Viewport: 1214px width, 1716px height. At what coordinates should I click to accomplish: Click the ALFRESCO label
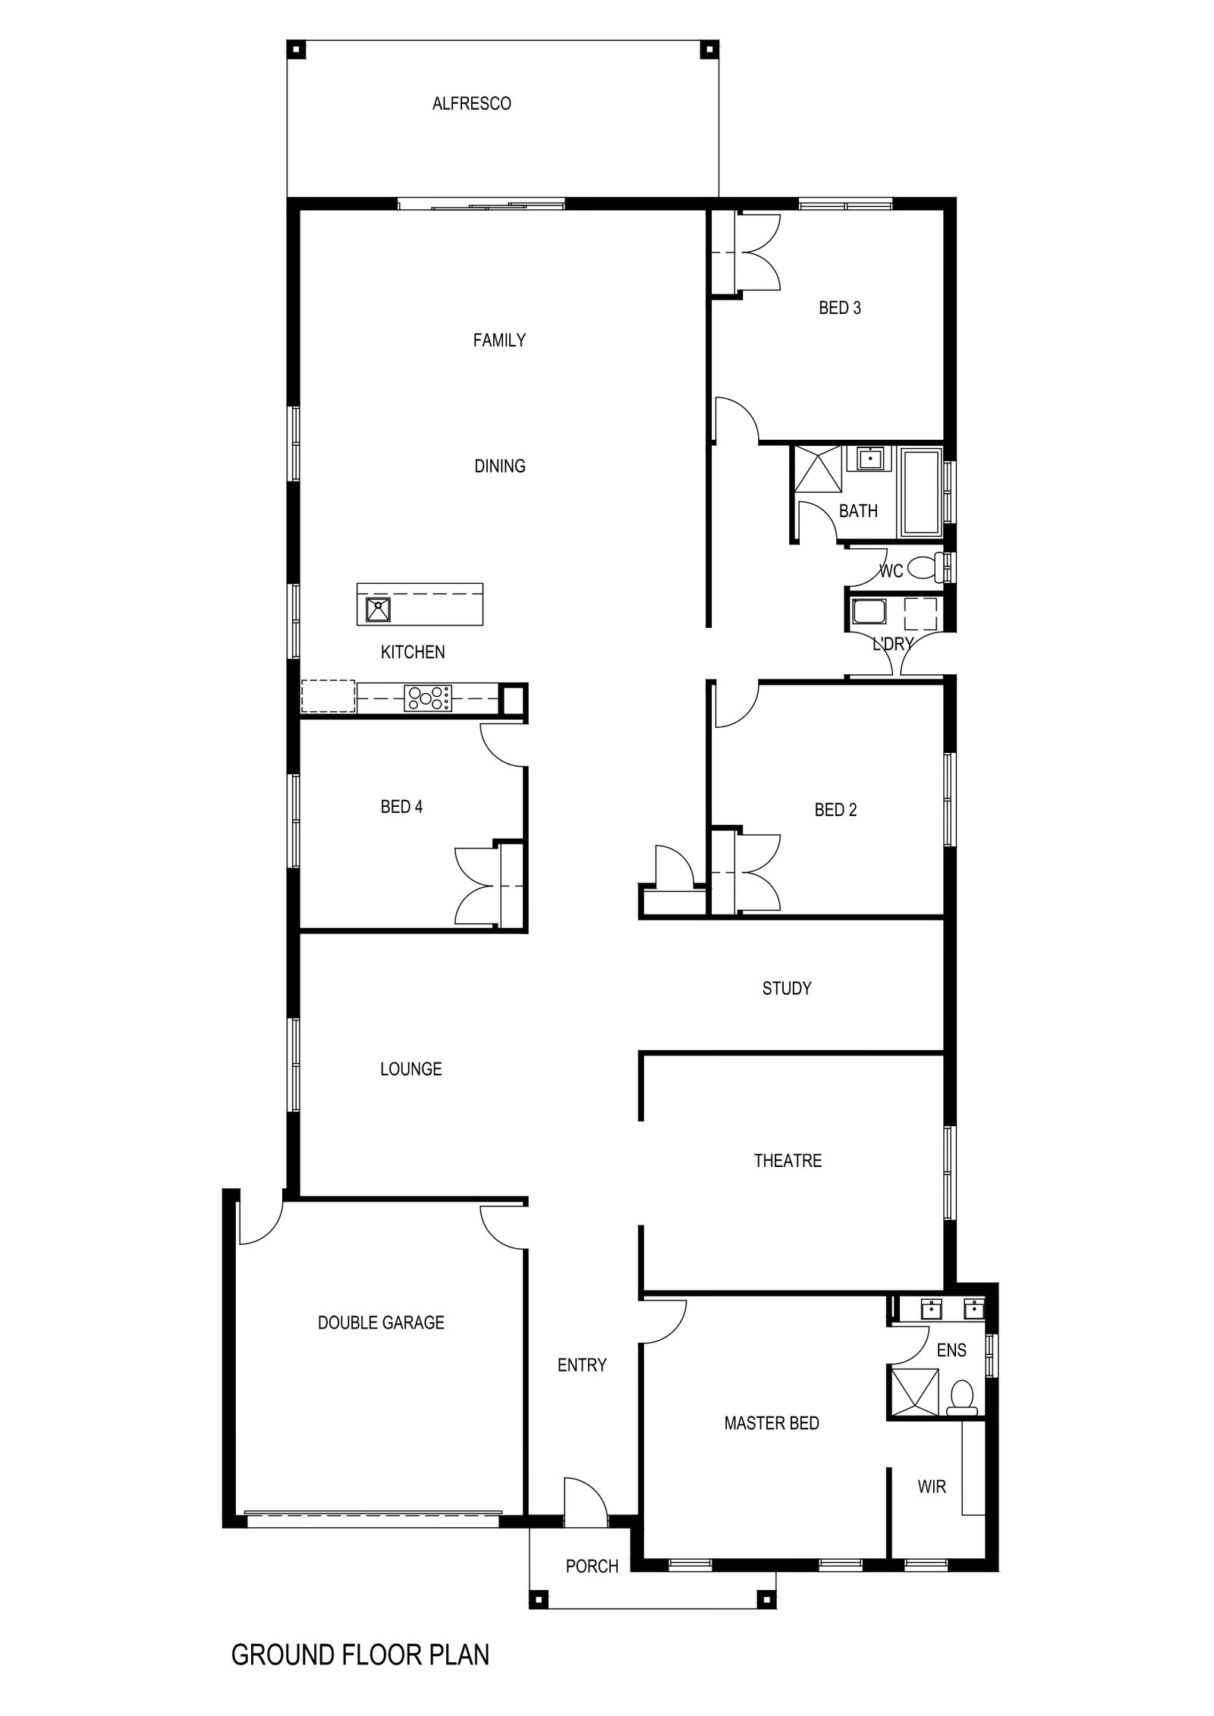[x=471, y=103]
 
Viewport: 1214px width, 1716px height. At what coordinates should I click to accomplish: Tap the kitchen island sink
[x=377, y=609]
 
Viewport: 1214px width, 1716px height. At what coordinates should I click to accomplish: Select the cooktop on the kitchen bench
[x=428, y=698]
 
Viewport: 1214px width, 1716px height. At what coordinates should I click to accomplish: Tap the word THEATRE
[x=788, y=1161]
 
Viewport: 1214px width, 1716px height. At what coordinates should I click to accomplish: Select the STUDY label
[x=787, y=989]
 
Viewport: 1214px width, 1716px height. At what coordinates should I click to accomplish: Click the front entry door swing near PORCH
[x=584, y=1495]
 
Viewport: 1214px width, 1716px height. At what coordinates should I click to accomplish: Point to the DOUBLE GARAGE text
[x=381, y=1323]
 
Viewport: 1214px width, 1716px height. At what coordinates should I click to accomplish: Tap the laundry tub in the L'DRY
[x=868, y=612]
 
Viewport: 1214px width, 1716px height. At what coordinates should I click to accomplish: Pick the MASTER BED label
[x=772, y=1424]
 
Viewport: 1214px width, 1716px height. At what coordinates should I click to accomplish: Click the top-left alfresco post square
[x=296, y=51]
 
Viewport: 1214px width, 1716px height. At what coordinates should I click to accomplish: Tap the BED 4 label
[x=401, y=808]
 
